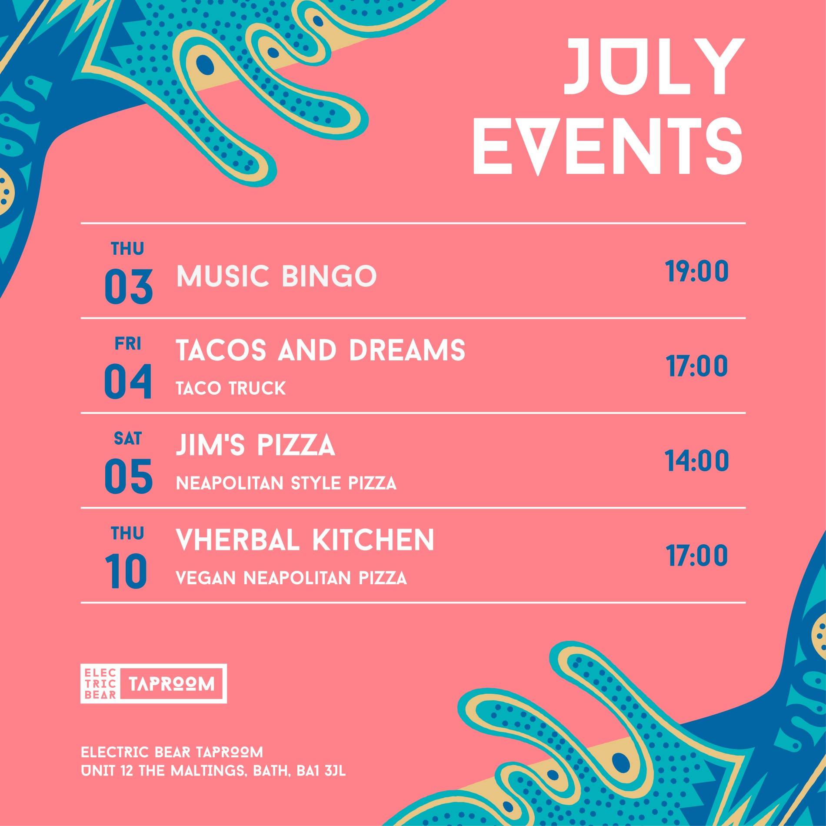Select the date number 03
[x=128, y=287]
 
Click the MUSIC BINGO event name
[x=276, y=276]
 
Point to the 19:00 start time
[x=697, y=271]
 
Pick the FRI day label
[x=128, y=344]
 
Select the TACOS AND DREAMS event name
[x=320, y=350]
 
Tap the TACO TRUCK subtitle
[x=231, y=388]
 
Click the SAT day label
[x=128, y=439]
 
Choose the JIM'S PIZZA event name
[x=255, y=445]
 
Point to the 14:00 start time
[x=697, y=461]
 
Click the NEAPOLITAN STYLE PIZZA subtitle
[x=286, y=483]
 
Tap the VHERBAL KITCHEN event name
[x=305, y=540]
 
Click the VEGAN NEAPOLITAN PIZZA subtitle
[x=291, y=578]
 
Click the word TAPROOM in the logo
[x=172, y=684]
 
